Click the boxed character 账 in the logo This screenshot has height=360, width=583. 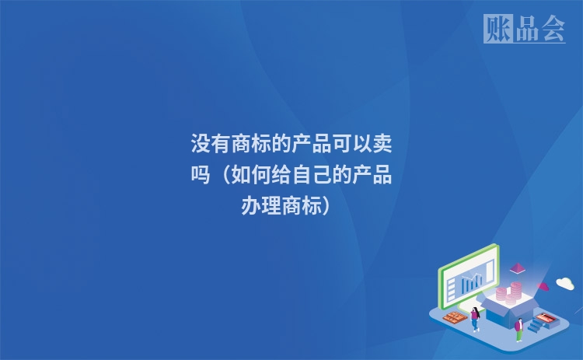(497, 30)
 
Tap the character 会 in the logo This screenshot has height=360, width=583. (553, 30)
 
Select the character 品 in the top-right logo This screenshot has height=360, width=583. (525, 30)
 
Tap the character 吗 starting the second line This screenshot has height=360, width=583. (201, 176)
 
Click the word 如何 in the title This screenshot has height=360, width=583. (250, 176)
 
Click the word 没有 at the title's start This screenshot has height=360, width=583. (211, 145)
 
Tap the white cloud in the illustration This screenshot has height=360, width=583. (564, 284)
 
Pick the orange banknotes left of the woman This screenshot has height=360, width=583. (452, 316)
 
